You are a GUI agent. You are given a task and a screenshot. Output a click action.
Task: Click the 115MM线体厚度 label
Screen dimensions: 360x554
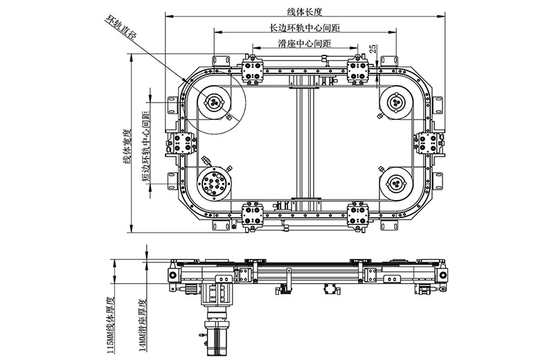tap(111, 326)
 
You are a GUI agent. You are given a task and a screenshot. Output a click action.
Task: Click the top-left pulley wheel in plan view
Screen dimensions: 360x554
tap(214, 102)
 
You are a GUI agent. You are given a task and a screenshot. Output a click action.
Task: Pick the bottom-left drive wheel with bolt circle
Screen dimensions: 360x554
tap(214, 184)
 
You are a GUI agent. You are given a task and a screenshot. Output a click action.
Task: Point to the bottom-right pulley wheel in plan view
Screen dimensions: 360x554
tap(396, 183)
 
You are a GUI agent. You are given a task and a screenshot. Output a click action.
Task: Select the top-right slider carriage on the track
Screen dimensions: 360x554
tap(359, 70)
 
